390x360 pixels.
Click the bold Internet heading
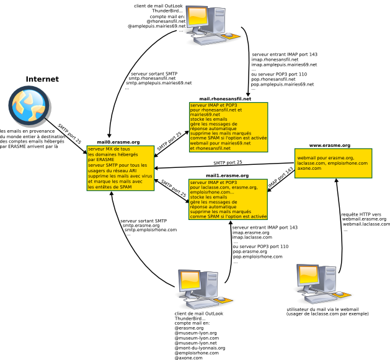42,79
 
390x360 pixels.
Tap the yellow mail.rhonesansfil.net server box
229,127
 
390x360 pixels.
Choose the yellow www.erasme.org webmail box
332,163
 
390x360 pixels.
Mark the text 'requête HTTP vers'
361,214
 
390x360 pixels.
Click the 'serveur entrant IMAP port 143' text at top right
284,55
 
